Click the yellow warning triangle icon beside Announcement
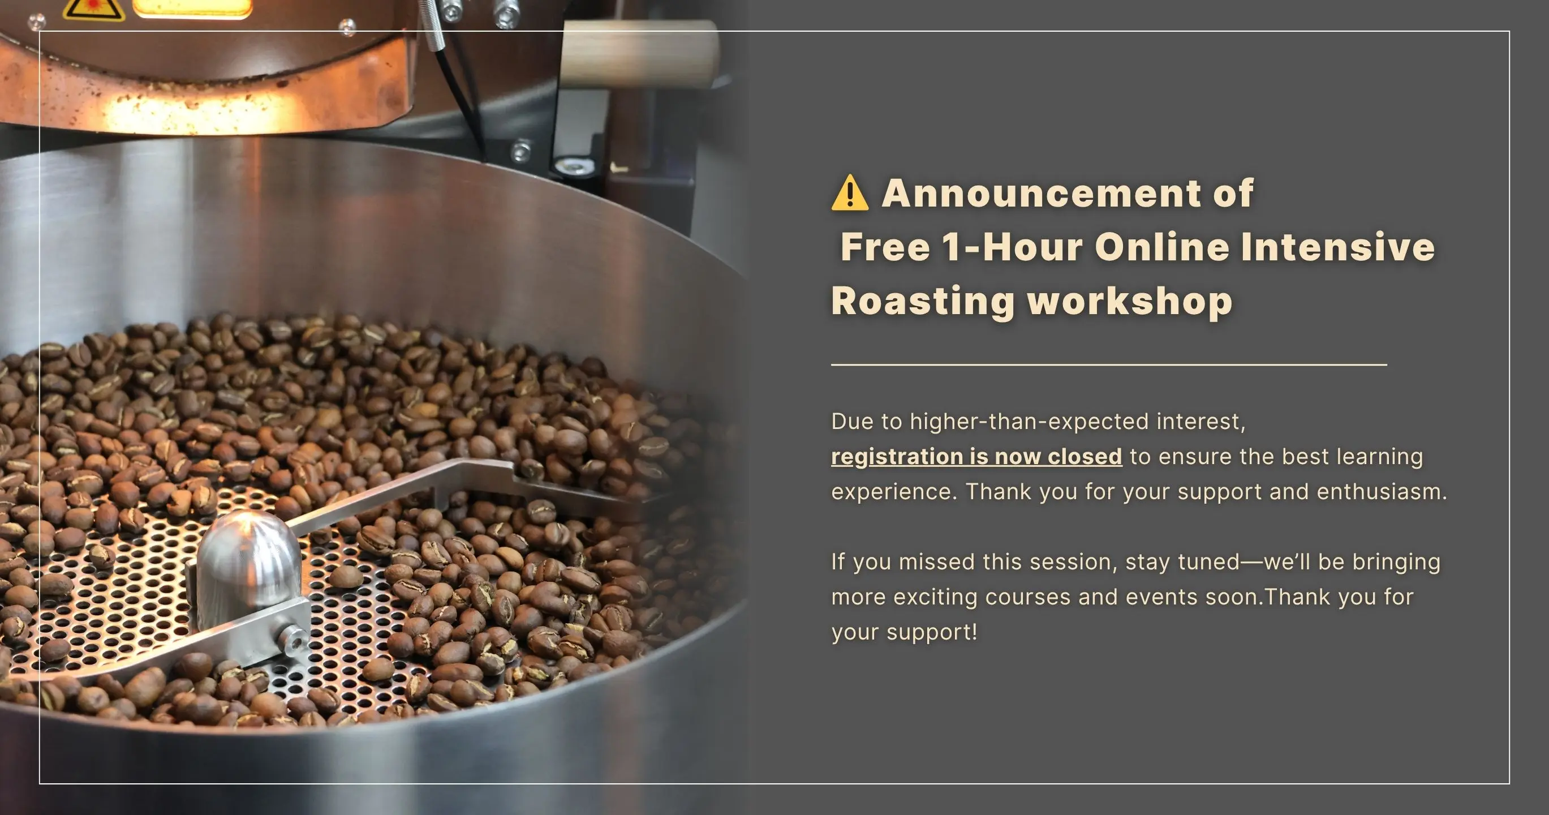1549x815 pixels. coord(850,192)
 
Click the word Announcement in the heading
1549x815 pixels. coord(1042,193)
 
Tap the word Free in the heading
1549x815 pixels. coord(885,247)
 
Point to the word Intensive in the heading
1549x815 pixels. coord(1338,247)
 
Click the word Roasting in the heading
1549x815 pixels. coord(923,301)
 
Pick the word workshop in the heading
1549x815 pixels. coord(1130,301)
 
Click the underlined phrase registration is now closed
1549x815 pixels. coord(976,457)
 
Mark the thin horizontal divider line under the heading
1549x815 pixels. coord(1109,364)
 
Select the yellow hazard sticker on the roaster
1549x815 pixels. coord(93,9)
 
